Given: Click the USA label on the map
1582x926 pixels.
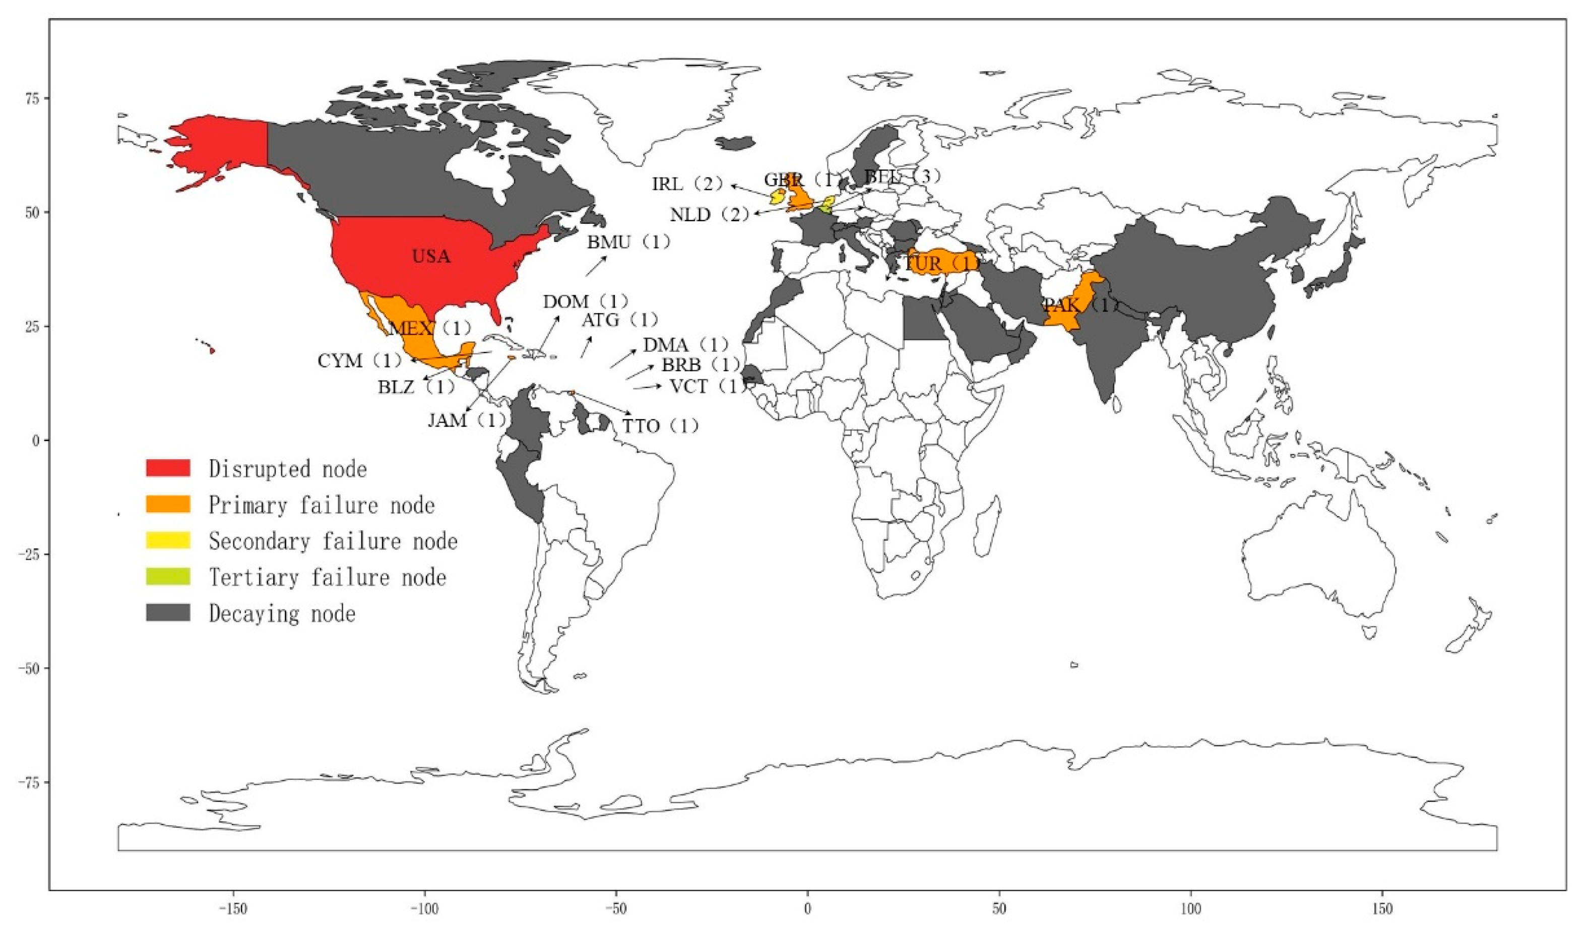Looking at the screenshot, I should (x=431, y=256).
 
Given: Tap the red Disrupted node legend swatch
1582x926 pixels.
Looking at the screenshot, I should (x=168, y=468).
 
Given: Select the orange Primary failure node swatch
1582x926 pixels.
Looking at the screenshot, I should (x=168, y=504).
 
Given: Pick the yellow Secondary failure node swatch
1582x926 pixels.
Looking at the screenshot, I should (x=168, y=540).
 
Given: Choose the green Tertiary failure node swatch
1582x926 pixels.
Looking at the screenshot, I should (x=168, y=576).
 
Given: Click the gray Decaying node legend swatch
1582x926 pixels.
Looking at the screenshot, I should (x=168, y=613).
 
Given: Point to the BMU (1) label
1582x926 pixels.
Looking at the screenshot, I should (x=628, y=241).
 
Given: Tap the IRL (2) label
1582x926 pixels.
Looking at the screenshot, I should (x=687, y=184).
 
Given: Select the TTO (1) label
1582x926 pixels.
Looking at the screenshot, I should (x=660, y=426).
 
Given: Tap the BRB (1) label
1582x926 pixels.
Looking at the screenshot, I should (x=701, y=364).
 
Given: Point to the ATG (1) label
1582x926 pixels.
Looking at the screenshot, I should (x=619, y=320).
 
